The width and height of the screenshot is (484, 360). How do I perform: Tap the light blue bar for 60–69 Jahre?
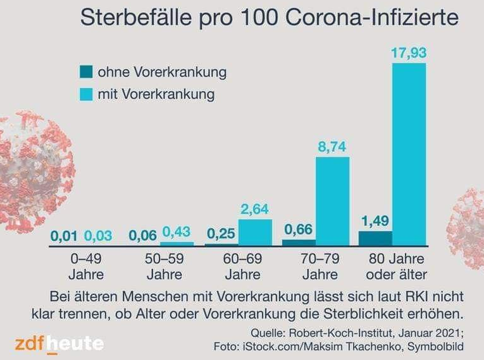(x=256, y=232)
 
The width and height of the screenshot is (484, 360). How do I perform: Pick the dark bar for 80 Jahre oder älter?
(x=375, y=238)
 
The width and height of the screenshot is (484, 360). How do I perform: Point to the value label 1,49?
(x=375, y=221)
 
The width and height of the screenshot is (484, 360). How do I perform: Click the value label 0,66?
(x=299, y=230)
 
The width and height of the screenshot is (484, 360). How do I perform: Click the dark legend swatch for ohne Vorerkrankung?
(x=86, y=72)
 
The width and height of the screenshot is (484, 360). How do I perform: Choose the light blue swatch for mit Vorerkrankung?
(x=86, y=94)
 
